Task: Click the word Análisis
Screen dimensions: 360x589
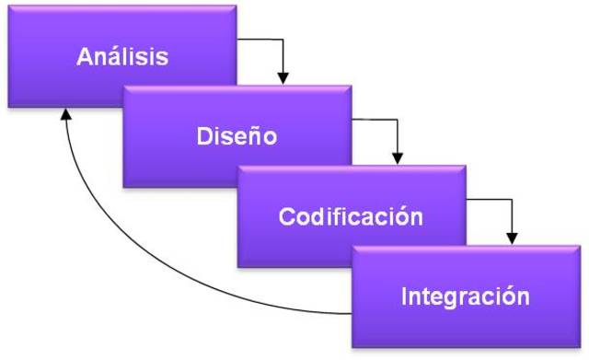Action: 122,56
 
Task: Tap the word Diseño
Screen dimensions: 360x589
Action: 237,136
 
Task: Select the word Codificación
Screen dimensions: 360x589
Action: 351,217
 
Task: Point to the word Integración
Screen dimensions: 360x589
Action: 465,296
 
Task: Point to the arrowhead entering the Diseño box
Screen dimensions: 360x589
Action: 283,75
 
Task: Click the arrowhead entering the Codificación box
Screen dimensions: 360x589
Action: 398,157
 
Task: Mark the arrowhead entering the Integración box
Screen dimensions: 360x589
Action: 513,236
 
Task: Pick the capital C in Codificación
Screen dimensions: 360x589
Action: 287,217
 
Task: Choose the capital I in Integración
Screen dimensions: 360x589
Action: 405,296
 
